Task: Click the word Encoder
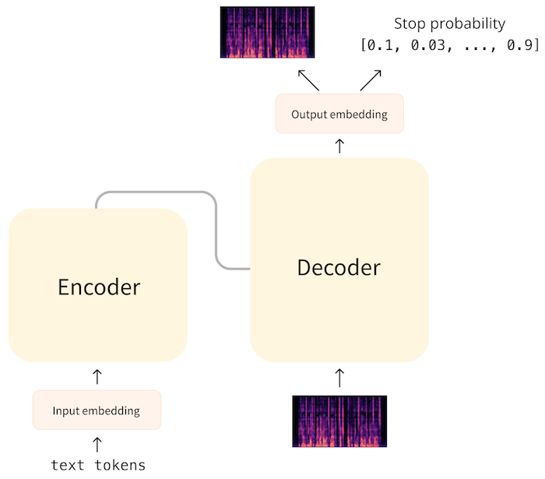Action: coord(99,287)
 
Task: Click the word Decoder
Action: coord(339,268)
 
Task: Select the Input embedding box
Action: coord(97,410)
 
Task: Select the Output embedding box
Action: coord(339,114)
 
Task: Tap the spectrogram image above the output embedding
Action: coord(267,33)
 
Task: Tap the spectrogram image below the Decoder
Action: coord(339,421)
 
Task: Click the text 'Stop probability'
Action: coord(449,23)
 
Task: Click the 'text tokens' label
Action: coord(97,465)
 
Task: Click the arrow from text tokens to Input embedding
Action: coord(97,444)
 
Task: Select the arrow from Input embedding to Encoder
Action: coord(97,376)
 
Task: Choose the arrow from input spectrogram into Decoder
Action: coord(339,378)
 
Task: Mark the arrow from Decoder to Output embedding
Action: coord(339,146)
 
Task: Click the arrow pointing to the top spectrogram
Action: coord(308,79)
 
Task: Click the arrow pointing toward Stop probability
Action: coord(371,79)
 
